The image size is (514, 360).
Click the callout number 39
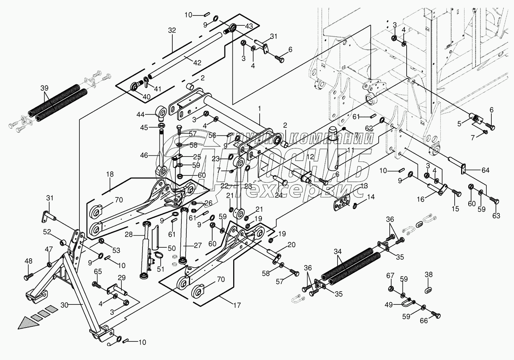point(45,88)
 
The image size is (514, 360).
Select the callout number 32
point(172,31)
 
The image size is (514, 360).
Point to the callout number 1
point(260,109)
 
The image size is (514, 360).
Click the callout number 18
point(110,174)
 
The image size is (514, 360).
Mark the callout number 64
point(485,170)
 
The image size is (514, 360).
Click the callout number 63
point(496,216)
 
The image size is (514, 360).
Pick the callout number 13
point(364,185)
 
